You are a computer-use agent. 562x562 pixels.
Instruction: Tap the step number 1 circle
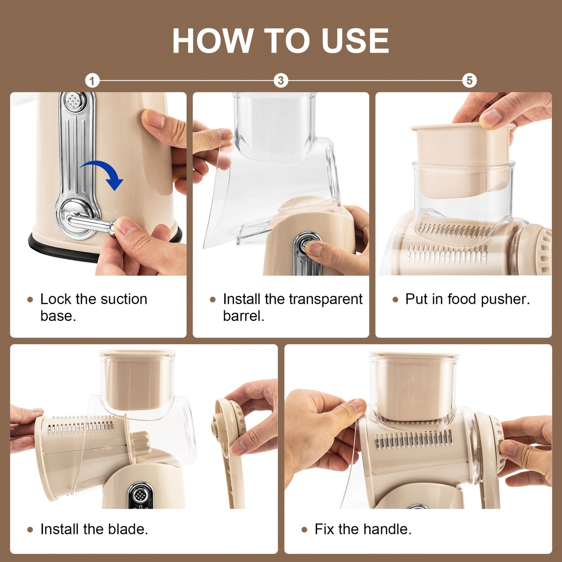coord(92,81)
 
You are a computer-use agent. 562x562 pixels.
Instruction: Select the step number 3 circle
coord(280,81)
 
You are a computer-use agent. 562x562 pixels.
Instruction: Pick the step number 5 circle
coord(469,81)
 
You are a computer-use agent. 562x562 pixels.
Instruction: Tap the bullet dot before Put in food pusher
coord(396,299)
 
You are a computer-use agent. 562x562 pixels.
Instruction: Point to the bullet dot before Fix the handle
coord(305,530)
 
